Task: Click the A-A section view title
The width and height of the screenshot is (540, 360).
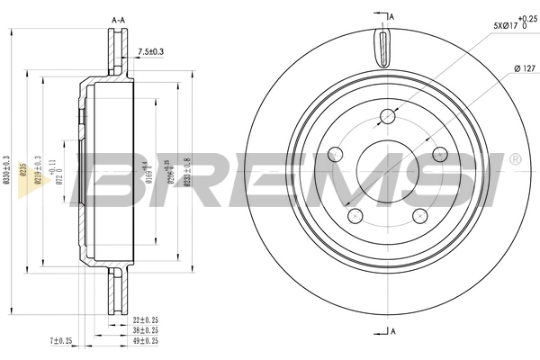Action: (x=117, y=19)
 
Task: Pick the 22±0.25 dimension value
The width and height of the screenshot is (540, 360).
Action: (x=147, y=319)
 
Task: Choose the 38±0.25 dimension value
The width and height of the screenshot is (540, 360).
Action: (x=147, y=329)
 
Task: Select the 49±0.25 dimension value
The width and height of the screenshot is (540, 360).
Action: (x=147, y=340)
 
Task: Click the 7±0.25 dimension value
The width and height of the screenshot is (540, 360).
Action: (x=61, y=340)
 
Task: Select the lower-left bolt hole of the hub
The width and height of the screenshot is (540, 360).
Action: (x=355, y=215)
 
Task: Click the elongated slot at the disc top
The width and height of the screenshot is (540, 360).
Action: (x=384, y=45)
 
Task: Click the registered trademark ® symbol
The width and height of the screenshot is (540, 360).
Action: (x=514, y=160)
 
